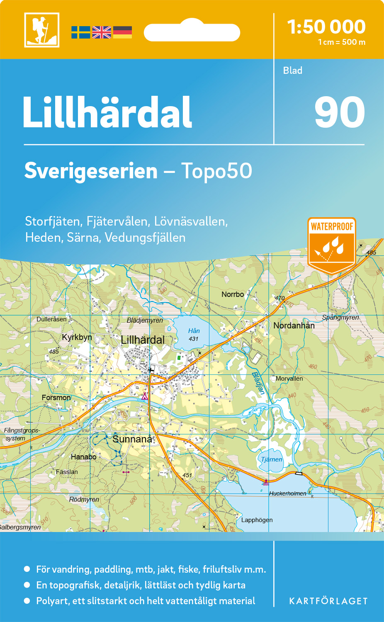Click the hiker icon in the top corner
tap(41, 30)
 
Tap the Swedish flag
tap(80, 32)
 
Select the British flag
tap(102, 32)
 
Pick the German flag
tap(122, 32)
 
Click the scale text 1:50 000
tap(326, 27)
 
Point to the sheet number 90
tap(339, 112)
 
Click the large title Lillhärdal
tap(107, 113)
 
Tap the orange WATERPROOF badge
tap(332, 245)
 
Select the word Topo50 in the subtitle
tap(216, 171)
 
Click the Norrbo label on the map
tap(233, 294)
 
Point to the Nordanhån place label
tap(294, 326)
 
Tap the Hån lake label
tap(194, 331)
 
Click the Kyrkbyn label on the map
tap(77, 337)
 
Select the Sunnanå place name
tap(132, 439)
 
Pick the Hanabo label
tap(83, 457)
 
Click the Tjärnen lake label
tap(272, 459)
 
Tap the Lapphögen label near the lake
tap(257, 520)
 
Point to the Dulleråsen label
tap(51, 319)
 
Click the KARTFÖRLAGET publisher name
tap(328, 601)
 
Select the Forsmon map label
tap(56, 398)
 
